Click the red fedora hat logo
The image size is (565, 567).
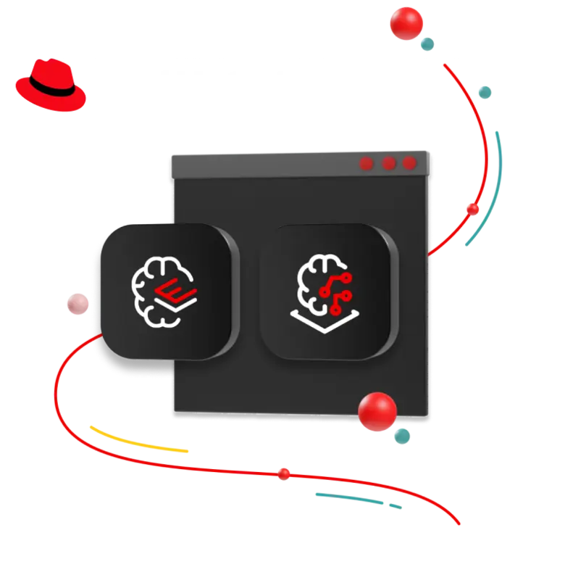(x=50, y=86)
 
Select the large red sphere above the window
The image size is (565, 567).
(x=406, y=23)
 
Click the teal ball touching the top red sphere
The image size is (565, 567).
(x=427, y=44)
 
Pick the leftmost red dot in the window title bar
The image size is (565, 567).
(x=367, y=164)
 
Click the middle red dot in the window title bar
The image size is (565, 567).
(x=389, y=163)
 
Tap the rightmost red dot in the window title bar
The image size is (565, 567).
(x=410, y=163)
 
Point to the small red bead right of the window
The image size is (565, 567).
(x=473, y=210)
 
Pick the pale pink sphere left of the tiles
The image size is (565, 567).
(x=76, y=304)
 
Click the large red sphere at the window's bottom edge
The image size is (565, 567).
(x=377, y=412)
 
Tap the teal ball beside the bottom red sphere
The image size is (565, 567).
(x=401, y=435)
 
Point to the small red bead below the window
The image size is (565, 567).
(x=284, y=473)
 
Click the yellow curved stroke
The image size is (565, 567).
(x=138, y=442)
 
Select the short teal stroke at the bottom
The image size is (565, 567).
(x=355, y=500)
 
